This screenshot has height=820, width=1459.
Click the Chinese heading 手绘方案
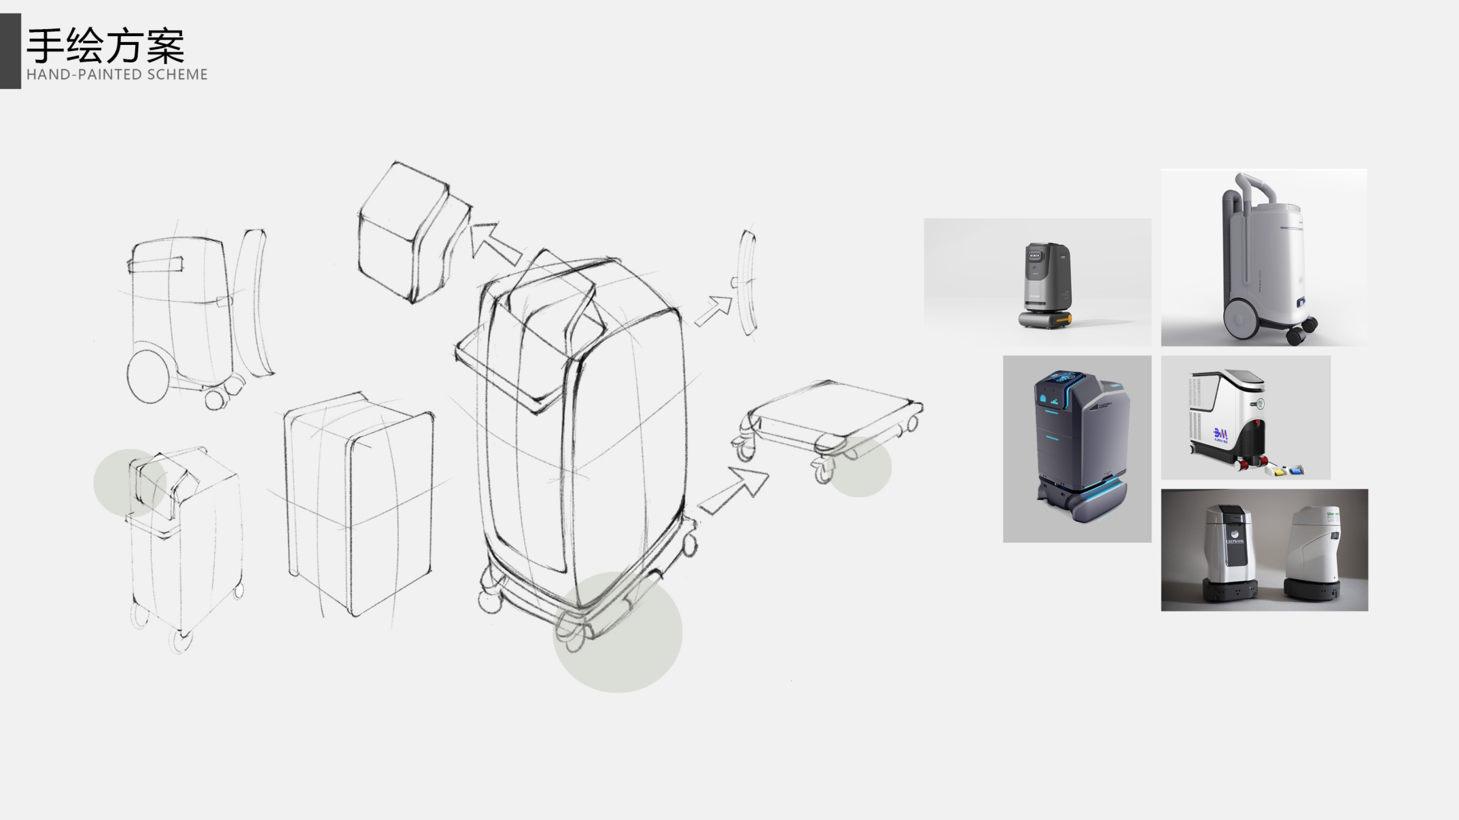pyautogui.click(x=105, y=46)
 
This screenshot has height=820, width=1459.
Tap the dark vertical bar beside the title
pyautogui.click(x=10, y=51)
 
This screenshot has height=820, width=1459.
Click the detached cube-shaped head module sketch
pyautogui.click(x=408, y=231)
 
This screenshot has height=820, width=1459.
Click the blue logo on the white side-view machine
pyautogui.click(x=1220, y=435)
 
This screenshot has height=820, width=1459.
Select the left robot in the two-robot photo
pyautogui.click(x=1229, y=554)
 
